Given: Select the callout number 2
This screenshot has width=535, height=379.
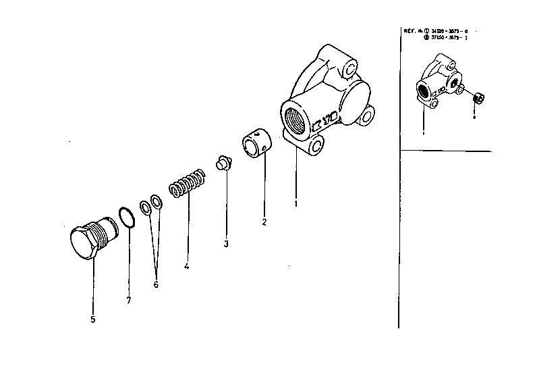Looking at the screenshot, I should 264,222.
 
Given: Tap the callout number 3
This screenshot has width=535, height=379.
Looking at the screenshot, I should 226,243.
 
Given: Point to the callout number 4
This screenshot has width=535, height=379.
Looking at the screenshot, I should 186,266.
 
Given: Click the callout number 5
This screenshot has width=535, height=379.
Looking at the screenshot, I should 93,319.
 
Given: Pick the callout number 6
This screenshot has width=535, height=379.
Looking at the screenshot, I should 155,284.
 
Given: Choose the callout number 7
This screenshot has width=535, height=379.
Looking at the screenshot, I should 128,299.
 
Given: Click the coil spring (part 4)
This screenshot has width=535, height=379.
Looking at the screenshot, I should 187,182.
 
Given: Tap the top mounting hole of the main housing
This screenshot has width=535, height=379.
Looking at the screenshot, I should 348,70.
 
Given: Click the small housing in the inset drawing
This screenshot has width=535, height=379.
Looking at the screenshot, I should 434,82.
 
